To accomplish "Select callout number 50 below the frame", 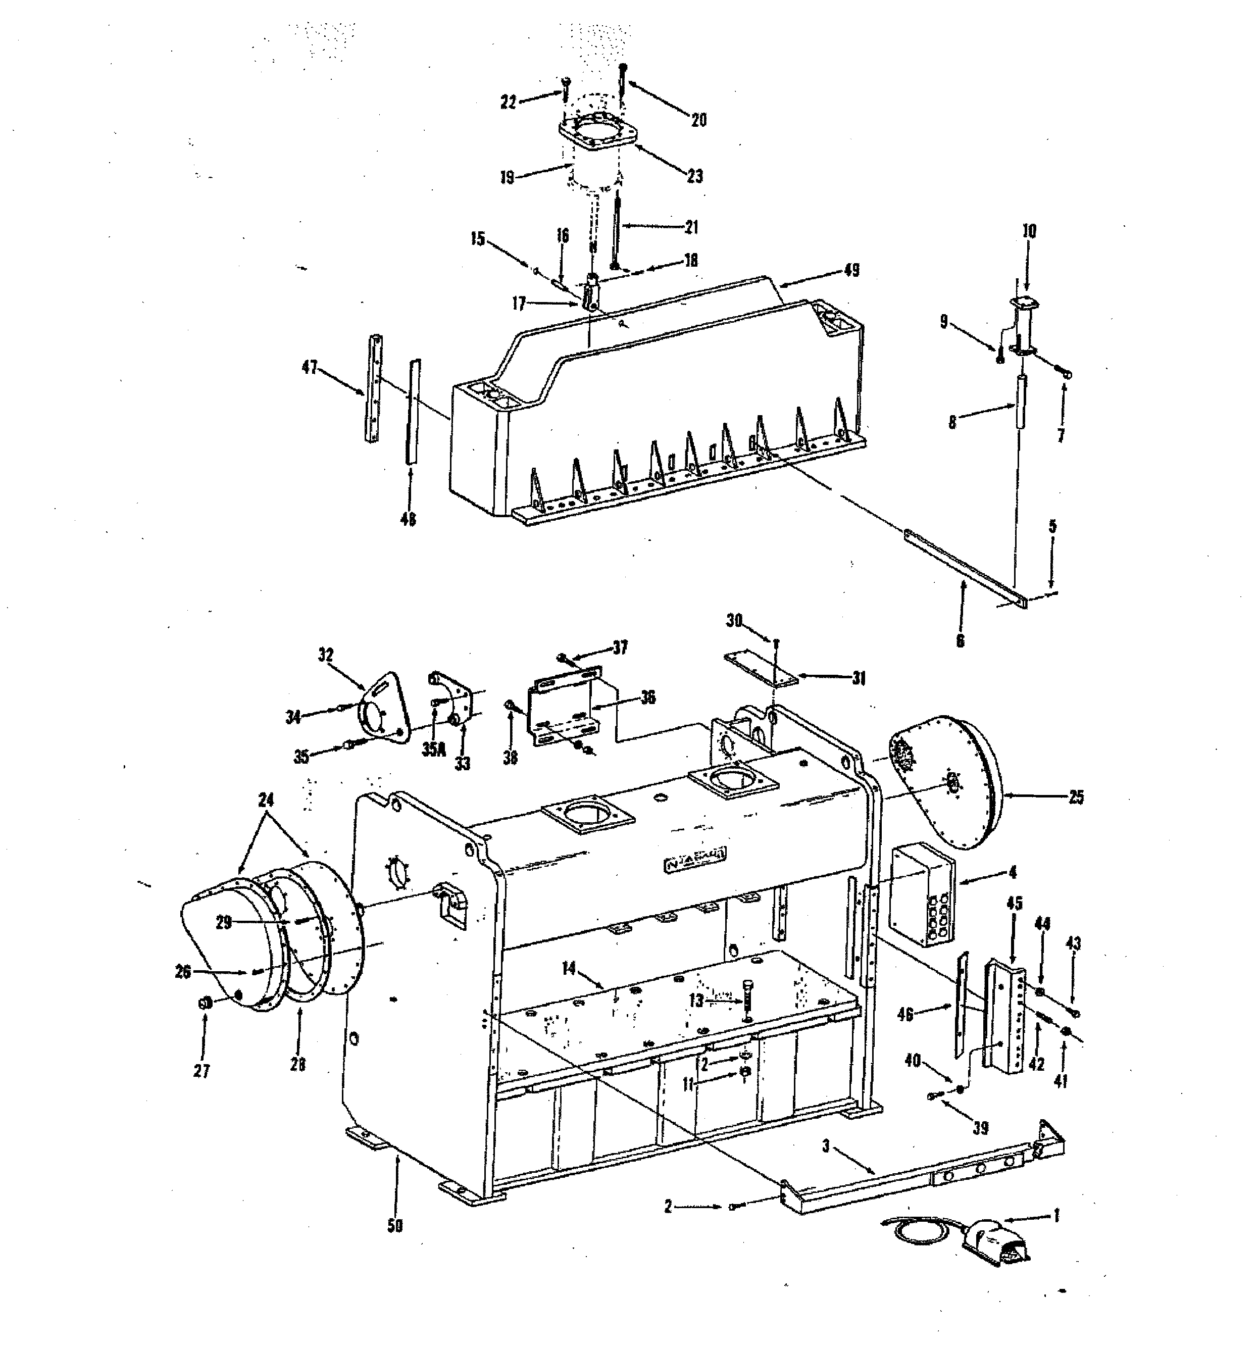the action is [x=394, y=1225].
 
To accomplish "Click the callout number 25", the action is [x=1076, y=797].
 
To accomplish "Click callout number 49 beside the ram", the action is [x=851, y=270].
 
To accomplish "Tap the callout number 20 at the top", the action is [x=698, y=120].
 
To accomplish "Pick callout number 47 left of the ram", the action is [x=310, y=369].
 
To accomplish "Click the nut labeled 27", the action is [x=203, y=1003].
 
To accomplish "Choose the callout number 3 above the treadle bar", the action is [x=826, y=1146].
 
